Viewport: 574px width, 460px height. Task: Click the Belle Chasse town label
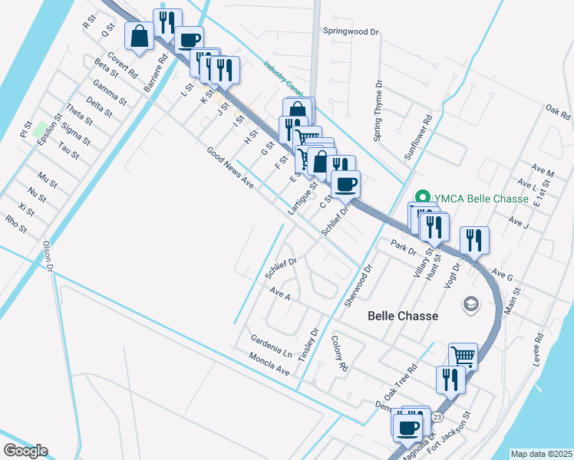click(x=403, y=316)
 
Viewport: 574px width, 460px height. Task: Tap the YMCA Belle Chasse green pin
click(x=420, y=198)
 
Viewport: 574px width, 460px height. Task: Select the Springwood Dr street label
click(x=351, y=32)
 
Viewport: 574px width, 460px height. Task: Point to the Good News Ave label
click(x=229, y=169)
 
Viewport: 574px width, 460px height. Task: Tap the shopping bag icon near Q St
click(x=140, y=36)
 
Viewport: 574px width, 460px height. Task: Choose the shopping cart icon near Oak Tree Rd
click(x=463, y=356)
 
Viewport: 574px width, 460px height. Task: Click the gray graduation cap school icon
click(x=469, y=304)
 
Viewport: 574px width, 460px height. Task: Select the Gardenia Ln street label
click(x=272, y=347)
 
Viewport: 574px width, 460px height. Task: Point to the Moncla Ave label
click(x=269, y=363)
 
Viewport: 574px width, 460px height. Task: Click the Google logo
click(x=25, y=451)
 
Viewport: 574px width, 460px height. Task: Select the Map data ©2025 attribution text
click(x=541, y=454)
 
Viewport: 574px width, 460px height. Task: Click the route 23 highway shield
click(x=437, y=416)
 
